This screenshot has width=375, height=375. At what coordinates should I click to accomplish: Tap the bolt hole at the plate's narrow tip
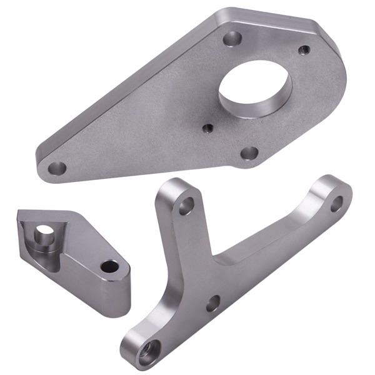pos(57,167)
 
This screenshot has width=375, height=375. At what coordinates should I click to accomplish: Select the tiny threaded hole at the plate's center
pos(208,128)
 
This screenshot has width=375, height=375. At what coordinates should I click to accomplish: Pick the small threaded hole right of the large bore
pos(304,49)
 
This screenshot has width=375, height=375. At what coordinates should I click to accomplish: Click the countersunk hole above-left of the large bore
pos(232,39)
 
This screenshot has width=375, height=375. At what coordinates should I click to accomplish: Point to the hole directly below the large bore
pos(250,153)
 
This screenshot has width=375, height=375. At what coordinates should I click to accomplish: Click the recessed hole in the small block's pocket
pos(44,236)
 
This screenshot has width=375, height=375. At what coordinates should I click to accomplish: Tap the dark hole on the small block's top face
pos(110,267)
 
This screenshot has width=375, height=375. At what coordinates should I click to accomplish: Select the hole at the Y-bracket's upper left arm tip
pos(186,205)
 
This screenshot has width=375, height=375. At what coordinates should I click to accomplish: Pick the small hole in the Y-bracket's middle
pos(213,304)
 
